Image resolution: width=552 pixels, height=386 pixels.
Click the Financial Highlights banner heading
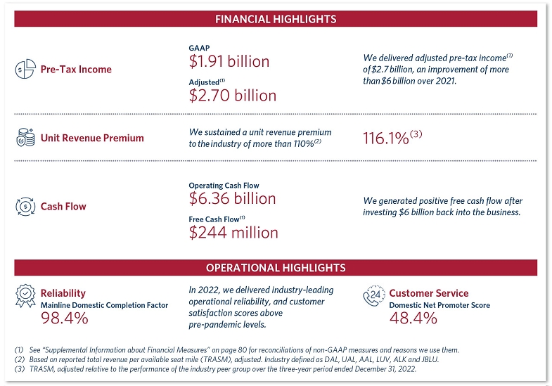click(x=275, y=19)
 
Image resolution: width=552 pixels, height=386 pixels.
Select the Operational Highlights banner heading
click(x=275, y=268)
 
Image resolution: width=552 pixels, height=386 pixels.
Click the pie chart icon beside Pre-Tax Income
click(x=25, y=69)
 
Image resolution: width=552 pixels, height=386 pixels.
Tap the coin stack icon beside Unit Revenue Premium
click(x=25, y=138)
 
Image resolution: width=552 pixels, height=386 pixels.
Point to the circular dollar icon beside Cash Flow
click(x=25, y=207)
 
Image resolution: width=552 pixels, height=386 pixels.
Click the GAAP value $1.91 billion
click(x=229, y=62)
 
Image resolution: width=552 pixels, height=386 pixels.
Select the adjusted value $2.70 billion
click(x=233, y=95)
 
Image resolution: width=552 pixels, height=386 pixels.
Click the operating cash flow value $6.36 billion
click(x=233, y=199)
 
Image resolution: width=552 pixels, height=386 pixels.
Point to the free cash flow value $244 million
click(x=233, y=232)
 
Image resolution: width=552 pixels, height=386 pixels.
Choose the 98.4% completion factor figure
click(x=64, y=319)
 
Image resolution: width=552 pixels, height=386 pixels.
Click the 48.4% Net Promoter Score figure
click(x=413, y=319)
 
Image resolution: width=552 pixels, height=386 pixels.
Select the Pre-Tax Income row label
click(x=76, y=69)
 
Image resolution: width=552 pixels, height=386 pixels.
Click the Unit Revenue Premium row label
click(x=92, y=138)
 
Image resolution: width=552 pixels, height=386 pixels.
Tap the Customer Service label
click(x=428, y=293)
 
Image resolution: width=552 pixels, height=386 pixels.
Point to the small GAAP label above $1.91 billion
click(x=200, y=48)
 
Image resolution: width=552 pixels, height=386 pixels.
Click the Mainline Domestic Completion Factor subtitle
click(x=104, y=305)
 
